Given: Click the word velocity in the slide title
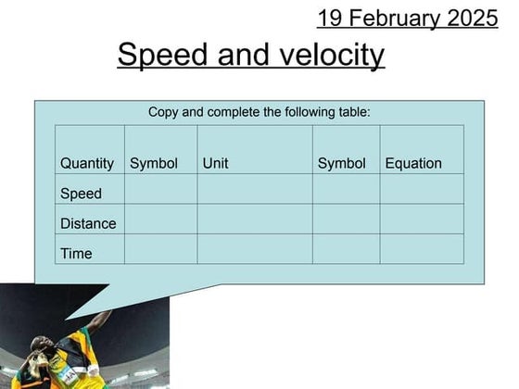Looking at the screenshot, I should point(333,56).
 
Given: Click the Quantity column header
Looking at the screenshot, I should point(87,163).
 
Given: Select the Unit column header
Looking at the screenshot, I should point(215,163).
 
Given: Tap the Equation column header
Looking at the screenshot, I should point(413,163).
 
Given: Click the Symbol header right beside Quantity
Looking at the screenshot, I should point(154,163).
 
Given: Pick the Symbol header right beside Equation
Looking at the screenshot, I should point(342,163).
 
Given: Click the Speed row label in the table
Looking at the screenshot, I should point(81,194).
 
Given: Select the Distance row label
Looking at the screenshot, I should point(88,223).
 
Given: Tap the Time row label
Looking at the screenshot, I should point(76,253).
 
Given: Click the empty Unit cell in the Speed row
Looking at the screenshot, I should point(255,190).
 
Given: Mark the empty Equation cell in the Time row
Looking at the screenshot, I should point(422,249).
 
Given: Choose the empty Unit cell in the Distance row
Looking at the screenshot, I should point(255,220).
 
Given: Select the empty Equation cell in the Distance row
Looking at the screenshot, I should point(422,220).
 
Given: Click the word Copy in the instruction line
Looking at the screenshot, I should point(163,112).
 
